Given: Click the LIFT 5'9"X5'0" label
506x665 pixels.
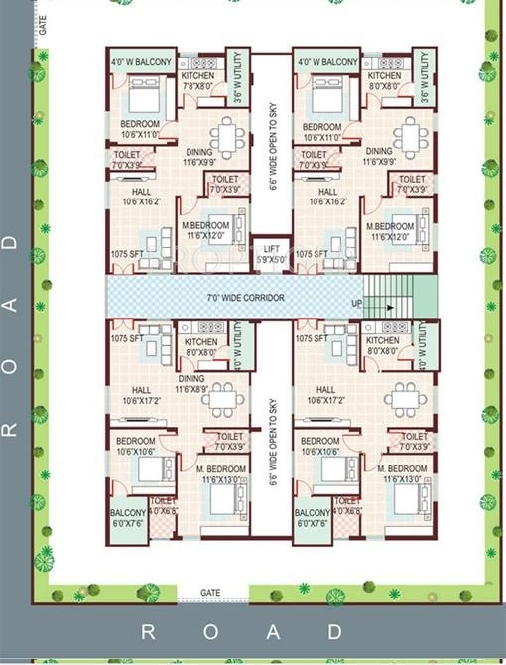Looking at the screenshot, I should click(271, 255).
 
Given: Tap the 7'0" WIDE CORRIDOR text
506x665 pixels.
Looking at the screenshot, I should click(245, 298).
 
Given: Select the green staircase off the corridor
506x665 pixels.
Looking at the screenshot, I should click(399, 297).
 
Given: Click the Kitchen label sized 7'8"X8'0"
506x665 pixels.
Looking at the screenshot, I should click(196, 81).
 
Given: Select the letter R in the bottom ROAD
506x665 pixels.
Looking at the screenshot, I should click(149, 631).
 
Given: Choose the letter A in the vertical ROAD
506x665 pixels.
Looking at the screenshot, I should click(11, 304).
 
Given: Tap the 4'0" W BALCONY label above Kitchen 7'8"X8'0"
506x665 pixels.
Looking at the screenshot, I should click(141, 62).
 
